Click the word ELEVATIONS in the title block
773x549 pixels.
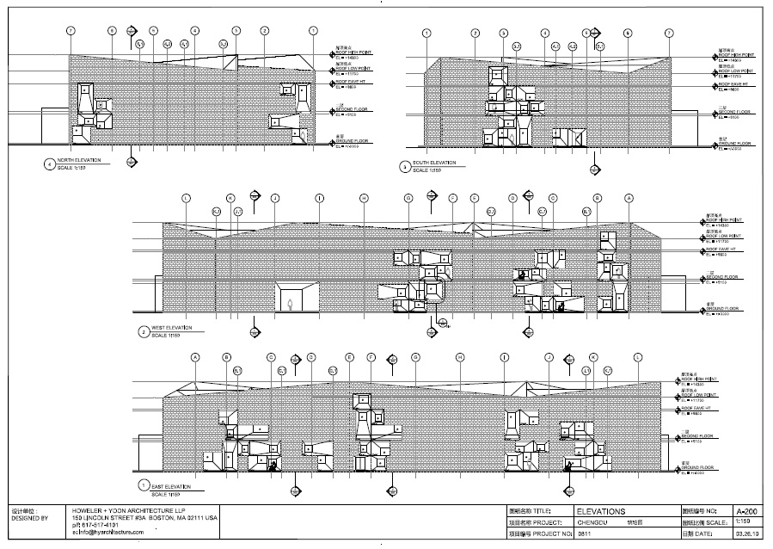(601, 511)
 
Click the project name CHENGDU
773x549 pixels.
(594, 522)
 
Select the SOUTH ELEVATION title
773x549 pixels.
(434, 163)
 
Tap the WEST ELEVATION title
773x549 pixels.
(170, 328)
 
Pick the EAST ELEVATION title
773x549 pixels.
(169, 487)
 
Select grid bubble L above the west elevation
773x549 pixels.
(186, 198)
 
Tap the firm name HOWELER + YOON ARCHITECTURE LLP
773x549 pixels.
(132, 511)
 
